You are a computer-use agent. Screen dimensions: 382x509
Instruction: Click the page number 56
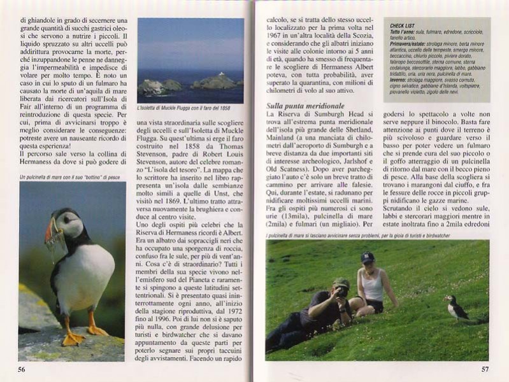[21, 369]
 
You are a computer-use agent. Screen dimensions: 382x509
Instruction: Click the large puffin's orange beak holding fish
[52, 232]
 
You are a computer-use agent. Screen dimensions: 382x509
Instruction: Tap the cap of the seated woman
[367, 257]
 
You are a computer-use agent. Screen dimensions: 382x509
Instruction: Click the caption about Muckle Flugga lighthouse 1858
[184, 108]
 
